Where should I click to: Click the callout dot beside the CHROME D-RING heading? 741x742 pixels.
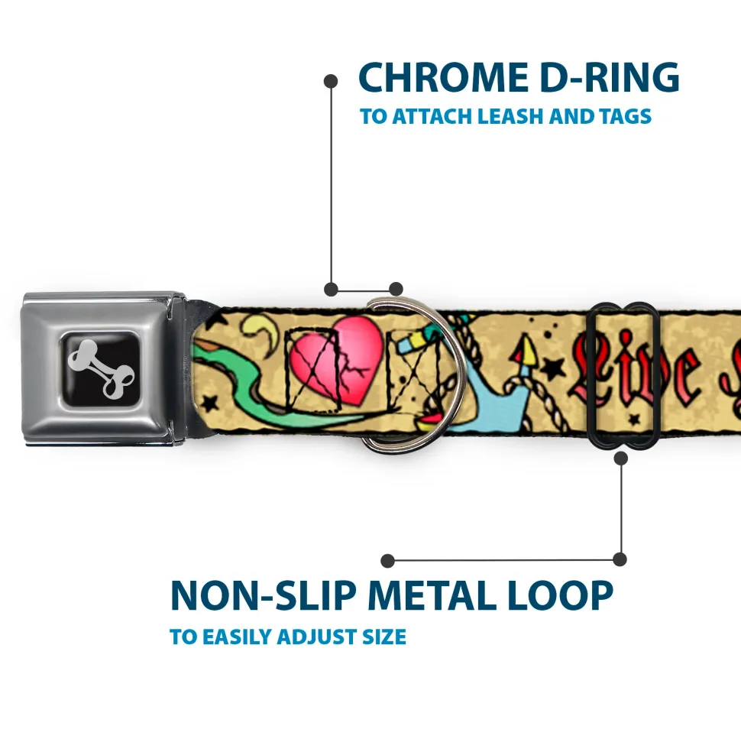(331, 79)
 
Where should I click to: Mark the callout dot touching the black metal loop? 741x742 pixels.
(620, 458)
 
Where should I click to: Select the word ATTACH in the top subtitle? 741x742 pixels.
(431, 117)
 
